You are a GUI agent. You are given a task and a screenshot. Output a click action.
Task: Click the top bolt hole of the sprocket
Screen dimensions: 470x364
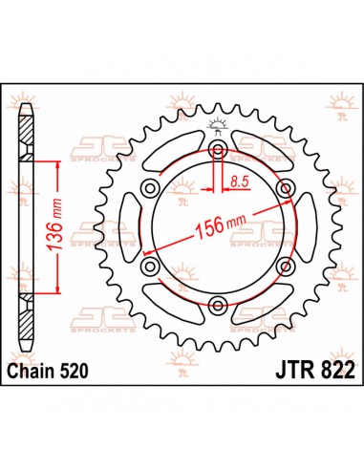point(218,153)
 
